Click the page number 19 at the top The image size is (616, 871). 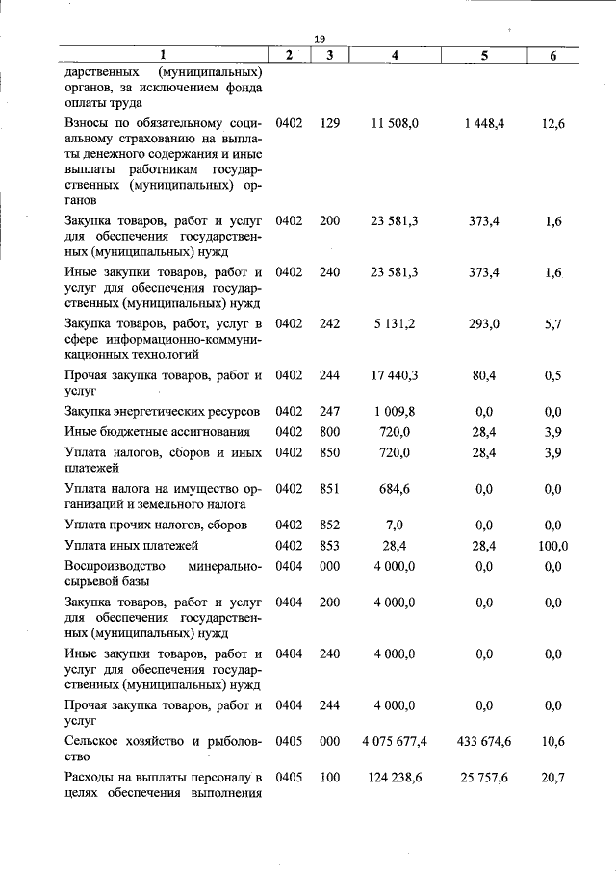pyautogui.click(x=320, y=38)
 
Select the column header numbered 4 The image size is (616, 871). pyautogui.click(x=396, y=56)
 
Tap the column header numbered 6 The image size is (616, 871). pyautogui.click(x=552, y=56)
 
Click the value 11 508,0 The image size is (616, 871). pyautogui.click(x=395, y=124)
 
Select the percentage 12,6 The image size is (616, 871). pyautogui.click(x=552, y=124)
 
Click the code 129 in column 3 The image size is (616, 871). pyautogui.click(x=330, y=124)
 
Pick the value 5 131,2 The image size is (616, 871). pyautogui.click(x=395, y=324)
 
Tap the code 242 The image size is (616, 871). pyautogui.click(x=330, y=324)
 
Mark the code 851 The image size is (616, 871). pyautogui.click(x=330, y=489)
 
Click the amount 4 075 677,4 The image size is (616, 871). pyautogui.click(x=395, y=741)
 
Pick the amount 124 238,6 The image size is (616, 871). pyautogui.click(x=395, y=776)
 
